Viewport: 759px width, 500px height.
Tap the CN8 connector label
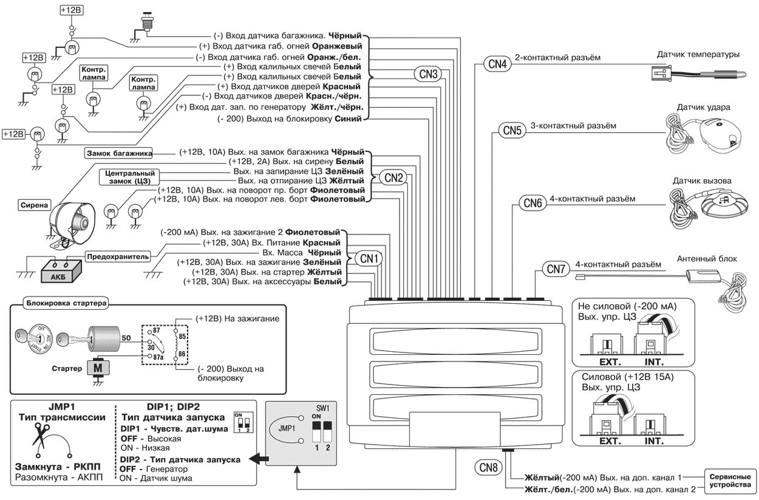click(488, 468)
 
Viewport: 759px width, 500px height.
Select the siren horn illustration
click(71, 217)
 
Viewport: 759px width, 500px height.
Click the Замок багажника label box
click(118, 152)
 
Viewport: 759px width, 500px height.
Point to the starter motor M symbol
click(96, 368)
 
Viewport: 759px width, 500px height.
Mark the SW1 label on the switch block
click(331, 408)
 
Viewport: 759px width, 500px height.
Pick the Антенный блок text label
click(707, 259)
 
